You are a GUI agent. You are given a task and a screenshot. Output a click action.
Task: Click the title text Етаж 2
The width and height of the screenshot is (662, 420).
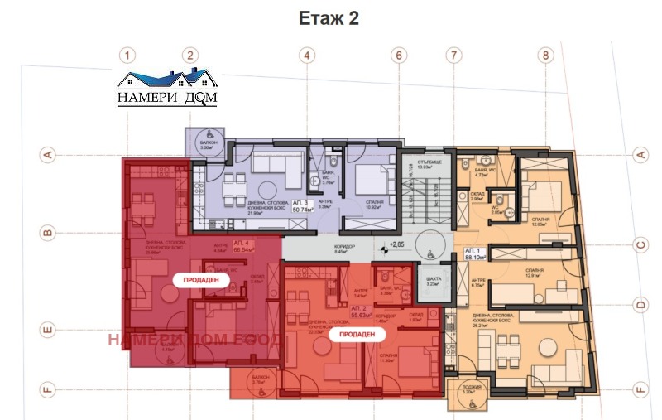pyautogui.click(x=329, y=19)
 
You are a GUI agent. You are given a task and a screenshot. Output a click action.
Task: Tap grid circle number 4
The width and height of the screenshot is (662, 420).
pyautogui.click(x=307, y=56)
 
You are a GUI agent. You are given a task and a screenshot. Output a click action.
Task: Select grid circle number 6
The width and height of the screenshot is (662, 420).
pyautogui.click(x=399, y=56)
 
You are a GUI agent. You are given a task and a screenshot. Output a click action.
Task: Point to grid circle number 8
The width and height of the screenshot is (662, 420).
pyautogui.click(x=544, y=56)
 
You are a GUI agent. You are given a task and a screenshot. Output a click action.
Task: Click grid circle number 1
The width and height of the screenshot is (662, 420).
pyautogui.click(x=127, y=56)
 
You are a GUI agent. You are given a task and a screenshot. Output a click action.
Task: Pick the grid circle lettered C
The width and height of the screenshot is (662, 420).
pyautogui.click(x=640, y=244)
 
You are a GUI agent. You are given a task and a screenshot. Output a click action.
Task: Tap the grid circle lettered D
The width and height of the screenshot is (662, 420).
pyautogui.click(x=640, y=305)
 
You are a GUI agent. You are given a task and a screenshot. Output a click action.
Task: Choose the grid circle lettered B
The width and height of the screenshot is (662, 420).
pyautogui.click(x=48, y=234)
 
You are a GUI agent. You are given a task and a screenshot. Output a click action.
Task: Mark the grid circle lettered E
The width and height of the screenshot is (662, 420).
pyautogui.click(x=48, y=331)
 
